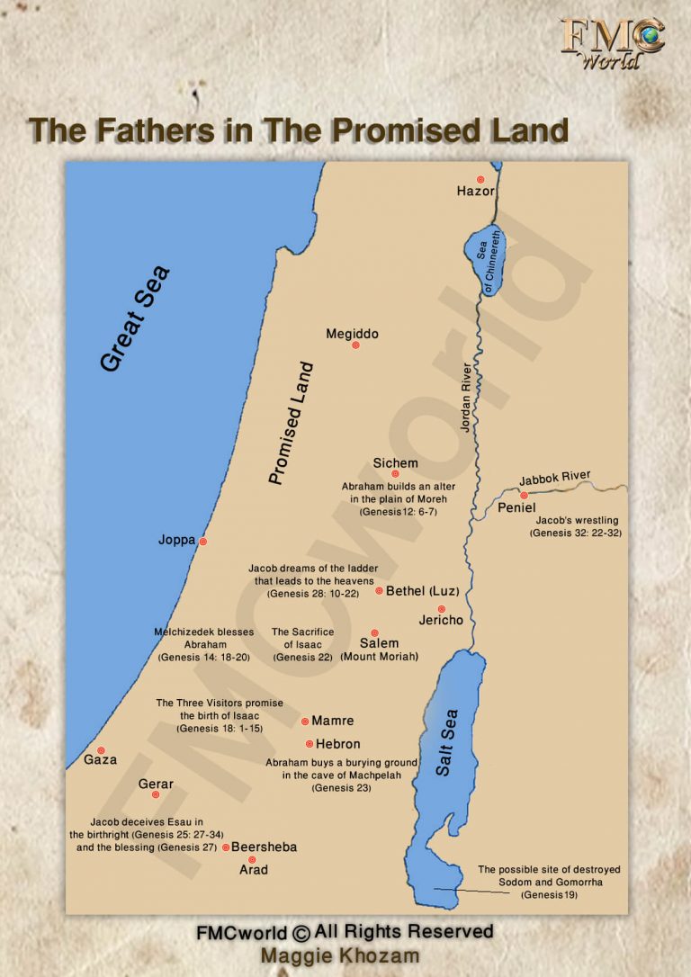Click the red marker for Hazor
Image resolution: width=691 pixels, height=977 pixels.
[480, 179]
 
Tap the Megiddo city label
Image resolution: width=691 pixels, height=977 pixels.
[352, 334]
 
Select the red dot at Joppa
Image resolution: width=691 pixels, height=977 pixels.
[203, 541]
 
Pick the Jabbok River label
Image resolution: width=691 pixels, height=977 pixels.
[554, 479]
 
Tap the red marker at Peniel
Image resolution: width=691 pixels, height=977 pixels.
[524, 495]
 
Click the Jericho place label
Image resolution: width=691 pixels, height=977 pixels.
[441, 621]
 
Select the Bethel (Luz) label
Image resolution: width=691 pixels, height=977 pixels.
[422, 591]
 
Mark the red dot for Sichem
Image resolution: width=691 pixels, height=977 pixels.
[395, 473]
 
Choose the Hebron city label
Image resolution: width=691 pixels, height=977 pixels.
[337, 744]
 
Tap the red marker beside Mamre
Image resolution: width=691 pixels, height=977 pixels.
[305, 721]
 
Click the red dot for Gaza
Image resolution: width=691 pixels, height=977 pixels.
[101, 749]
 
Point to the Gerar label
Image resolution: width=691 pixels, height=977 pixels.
[156, 784]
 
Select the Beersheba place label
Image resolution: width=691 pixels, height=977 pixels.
[264, 847]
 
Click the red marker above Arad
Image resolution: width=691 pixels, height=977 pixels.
[252, 859]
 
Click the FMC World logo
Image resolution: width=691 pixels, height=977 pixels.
[613, 43]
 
